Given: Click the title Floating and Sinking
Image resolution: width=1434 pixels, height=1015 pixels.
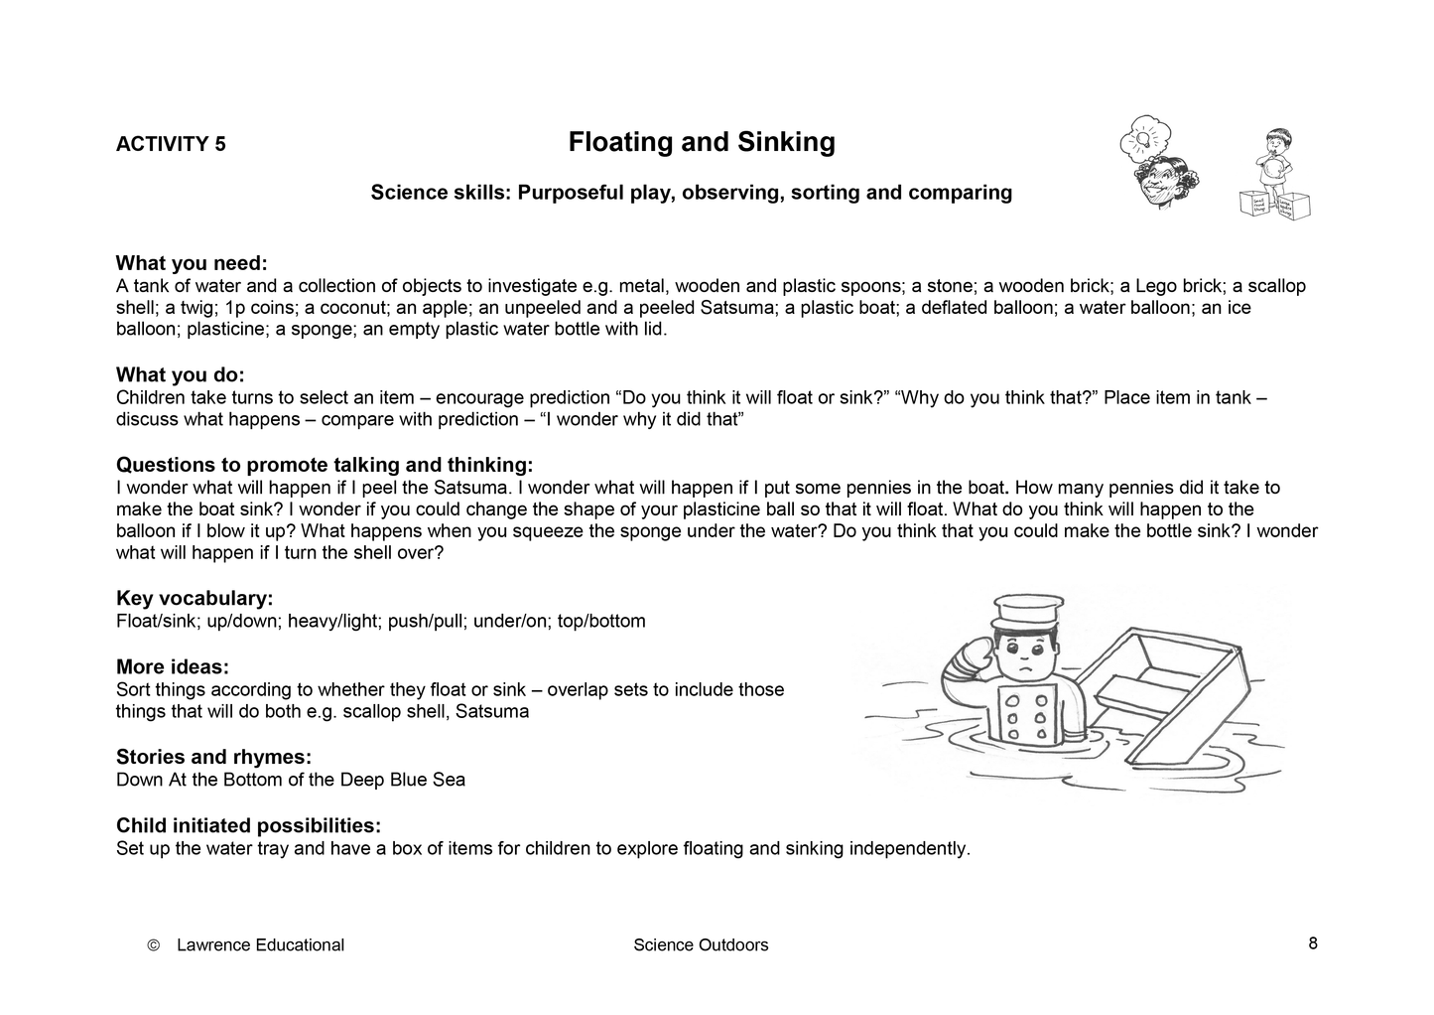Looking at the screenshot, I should click(x=702, y=143).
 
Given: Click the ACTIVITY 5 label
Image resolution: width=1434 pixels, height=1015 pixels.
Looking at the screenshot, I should click(x=171, y=144).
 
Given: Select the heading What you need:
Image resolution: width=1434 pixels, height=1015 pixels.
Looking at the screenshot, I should click(x=192, y=263).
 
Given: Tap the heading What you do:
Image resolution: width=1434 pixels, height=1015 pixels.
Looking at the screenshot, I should click(x=180, y=374).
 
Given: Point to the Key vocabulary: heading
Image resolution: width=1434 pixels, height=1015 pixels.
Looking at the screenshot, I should click(x=195, y=598).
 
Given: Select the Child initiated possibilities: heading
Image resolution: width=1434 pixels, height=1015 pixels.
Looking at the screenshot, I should click(x=248, y=825).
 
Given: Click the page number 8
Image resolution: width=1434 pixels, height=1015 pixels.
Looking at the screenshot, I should click(x=1312, y=943).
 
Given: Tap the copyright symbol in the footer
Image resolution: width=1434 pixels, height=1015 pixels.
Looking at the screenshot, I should click(x=153, y=945).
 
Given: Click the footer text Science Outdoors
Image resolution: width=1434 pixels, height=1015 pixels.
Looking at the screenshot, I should click(x=701, y=945).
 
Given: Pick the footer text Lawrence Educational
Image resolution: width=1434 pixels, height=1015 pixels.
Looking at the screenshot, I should click(x=260, y=945).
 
